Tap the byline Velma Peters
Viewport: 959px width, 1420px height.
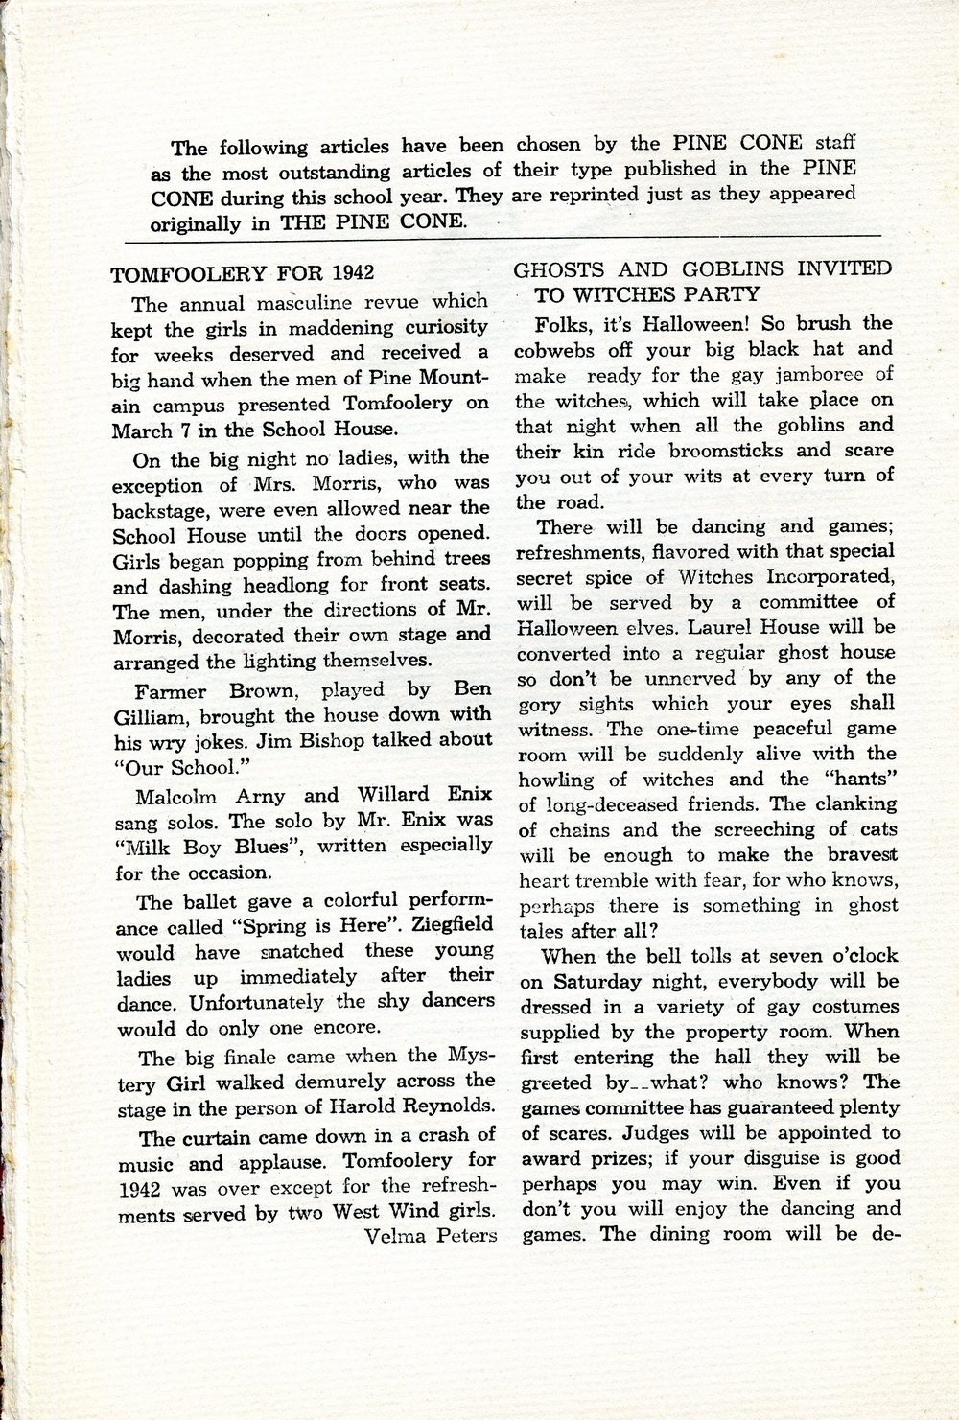pos(431,1235)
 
